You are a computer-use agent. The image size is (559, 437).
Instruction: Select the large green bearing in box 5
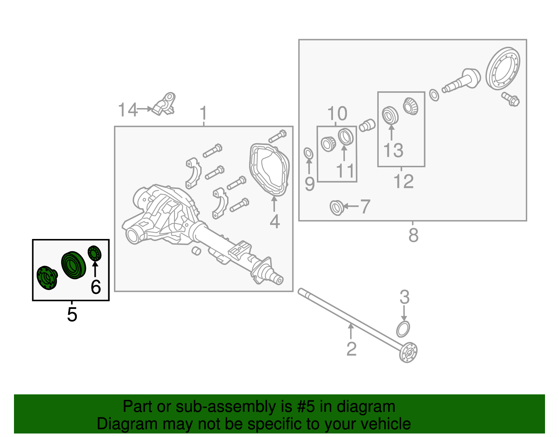tap(73, 265)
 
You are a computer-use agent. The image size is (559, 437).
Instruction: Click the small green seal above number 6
tap(94, 253)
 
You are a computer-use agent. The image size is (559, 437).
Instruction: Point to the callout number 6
tap(95, 287)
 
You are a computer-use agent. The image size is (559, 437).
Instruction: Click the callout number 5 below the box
tap(72, 315)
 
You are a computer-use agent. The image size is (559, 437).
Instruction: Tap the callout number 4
tap(275, 221)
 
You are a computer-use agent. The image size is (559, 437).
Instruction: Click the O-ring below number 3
tap(403, 329)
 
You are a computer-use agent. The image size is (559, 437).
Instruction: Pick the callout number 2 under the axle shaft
tap(351, 349)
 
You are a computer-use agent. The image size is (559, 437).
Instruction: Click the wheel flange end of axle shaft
tap(409, 353)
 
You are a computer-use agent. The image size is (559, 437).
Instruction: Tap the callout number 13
tap(393, 150)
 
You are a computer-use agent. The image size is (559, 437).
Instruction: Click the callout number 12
tap(403, 181)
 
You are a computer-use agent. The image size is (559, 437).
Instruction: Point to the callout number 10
tap(337, 113)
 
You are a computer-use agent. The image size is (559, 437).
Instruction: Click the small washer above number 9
tap(308, 153)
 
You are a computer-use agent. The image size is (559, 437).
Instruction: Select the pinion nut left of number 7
tap(336, 208)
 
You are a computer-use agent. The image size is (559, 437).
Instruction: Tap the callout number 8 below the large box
tap(413, 235)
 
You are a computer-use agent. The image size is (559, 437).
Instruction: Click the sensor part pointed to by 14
tap(165, 104)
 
